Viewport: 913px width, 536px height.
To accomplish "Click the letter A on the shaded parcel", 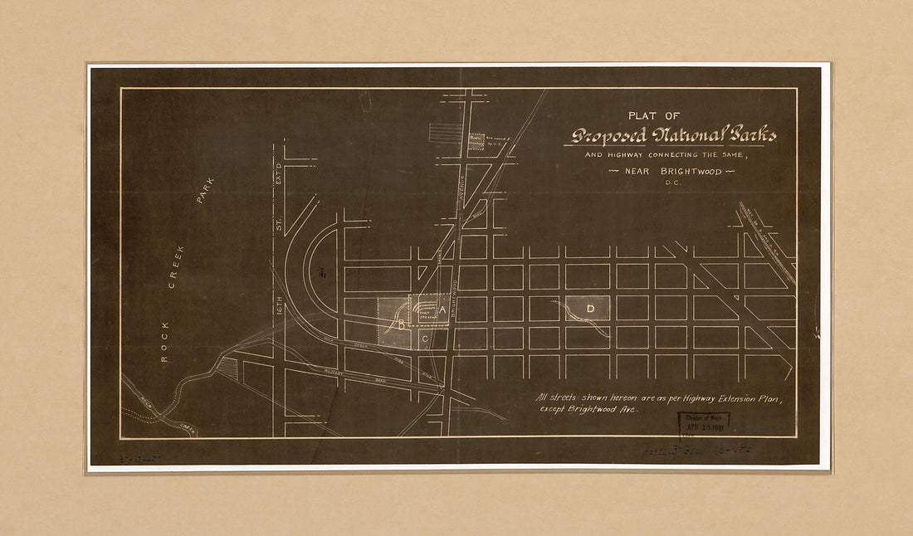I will coord(442,309).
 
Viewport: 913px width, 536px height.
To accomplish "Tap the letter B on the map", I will coord(402,325).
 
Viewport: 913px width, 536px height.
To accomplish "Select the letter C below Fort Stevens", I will coord(424,339).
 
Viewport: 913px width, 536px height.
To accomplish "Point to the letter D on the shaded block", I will coord(590,309).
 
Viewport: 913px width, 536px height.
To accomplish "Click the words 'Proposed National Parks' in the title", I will coord(673,135).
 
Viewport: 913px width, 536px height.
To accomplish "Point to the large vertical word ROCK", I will coord(164,341).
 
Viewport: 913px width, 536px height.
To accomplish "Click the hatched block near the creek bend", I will coord(228,368).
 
